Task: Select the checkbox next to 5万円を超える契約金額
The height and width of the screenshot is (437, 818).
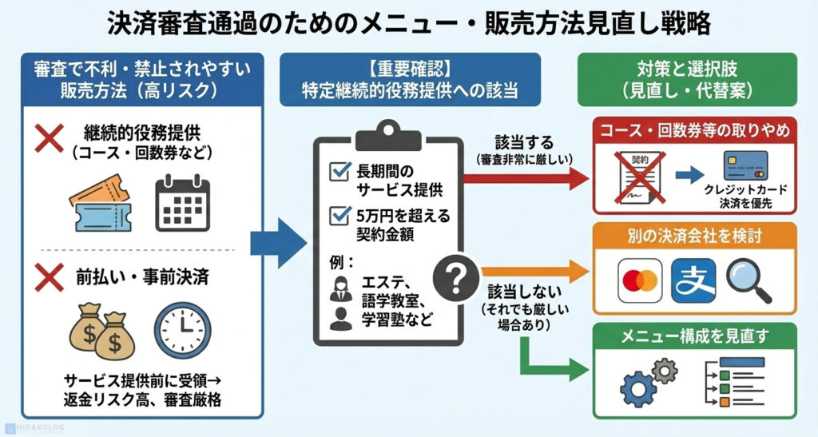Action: point(340,215)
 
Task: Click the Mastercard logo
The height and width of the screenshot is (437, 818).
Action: point(638,280)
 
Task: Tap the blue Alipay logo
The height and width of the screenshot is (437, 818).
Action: point(692,280)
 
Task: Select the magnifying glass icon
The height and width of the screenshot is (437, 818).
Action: point(748,280)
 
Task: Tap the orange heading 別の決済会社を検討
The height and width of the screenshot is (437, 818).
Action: point(694,238)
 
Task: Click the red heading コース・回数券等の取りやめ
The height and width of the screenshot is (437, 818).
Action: point(694,130)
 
